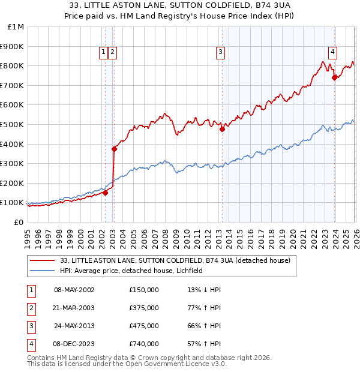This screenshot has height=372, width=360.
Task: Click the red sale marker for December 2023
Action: pos(334,77)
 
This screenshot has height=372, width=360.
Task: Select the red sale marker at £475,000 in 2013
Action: pos(222,129)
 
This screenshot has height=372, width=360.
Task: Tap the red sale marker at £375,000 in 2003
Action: pos(114,149)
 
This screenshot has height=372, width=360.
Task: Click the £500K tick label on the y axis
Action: pos(12,124)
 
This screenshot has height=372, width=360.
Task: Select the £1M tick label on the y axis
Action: pos(16,27)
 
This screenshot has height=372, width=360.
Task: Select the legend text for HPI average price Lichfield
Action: pos(132,271)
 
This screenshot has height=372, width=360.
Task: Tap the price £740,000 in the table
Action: pos(144,344)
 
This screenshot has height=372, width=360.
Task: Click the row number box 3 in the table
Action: pos(31,326)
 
